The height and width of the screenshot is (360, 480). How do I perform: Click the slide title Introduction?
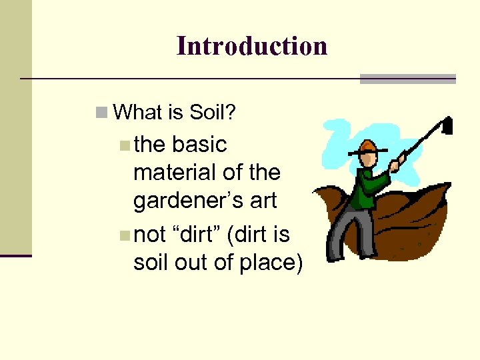pyautogui.click(x=252, y=46)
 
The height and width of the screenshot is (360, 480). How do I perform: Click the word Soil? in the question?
pyautogui.click(x=213, y=113)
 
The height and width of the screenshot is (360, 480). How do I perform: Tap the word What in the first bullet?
pyautogui.click(x=139, y=113)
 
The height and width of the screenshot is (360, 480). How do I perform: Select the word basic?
pyautogui.click(x=199, y=144)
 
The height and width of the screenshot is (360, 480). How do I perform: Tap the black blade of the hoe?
pyautogui.click(x=447, y=125)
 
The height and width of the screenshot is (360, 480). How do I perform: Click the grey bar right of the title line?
pyautogui.click(x=407, y=79)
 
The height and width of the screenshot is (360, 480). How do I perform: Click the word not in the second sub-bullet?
pyautogui.click(x=151, y=234)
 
